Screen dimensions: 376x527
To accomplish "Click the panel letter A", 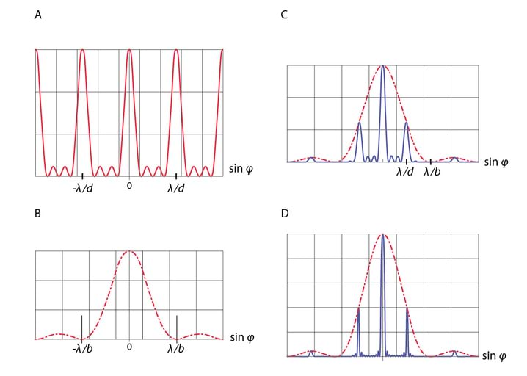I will tap(38, 14).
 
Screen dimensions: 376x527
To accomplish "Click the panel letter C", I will tap(284, 14).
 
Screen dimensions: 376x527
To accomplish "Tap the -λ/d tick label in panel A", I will tap(81, 187).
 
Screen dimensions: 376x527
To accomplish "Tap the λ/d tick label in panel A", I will tap(176, 187).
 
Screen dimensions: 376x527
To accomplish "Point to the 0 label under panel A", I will tap(129, 186).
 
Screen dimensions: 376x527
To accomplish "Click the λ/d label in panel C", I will tap(405, 173).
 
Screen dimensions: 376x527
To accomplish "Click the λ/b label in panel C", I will tap(432, 173).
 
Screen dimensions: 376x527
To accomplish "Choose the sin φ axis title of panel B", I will tap(242, 338).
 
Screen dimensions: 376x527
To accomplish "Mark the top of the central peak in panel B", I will tap(129, 251).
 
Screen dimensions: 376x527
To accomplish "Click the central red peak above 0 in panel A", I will tap(129, 51).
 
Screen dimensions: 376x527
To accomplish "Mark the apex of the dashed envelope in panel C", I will tap(382, 65).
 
